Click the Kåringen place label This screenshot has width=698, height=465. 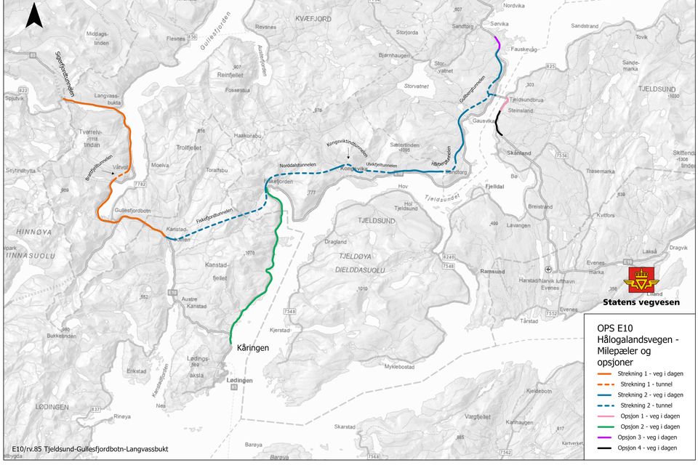tap(253, 348)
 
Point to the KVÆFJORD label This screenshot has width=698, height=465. tap(313, 18)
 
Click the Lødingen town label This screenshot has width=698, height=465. tap(240, 380)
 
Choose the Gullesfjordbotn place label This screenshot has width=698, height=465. tap(132, 211)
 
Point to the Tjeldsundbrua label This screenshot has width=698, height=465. tap(526, 99)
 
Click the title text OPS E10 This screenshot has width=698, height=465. tap(614, 328)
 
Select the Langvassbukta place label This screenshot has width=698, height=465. tap(108, 99)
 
